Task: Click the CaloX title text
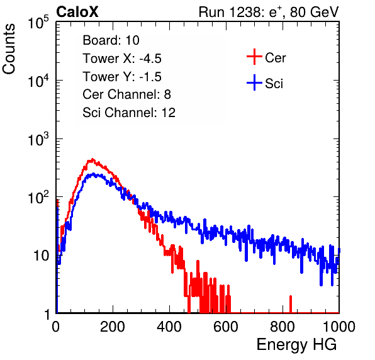pos(77,12)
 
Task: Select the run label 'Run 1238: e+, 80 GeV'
pos(269,12)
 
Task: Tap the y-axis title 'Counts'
pos(9,49)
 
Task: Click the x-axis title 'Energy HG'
pos(296,345)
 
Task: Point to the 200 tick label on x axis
pos(113,327)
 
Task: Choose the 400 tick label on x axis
pos(169,327)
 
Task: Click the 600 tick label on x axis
pos(226,327)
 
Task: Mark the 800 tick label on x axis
pos(283,327)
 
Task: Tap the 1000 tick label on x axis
pos(339,327)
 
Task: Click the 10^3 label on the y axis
pos(38,139)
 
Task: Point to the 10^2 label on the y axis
pos(38,198)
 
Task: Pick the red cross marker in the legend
pos(254,57)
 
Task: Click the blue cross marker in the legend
pos(254,83)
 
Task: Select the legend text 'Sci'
pos(274,84)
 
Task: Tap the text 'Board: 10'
pos(111,40)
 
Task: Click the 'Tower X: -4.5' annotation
pos(122,59)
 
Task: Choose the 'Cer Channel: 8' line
pos(126,94)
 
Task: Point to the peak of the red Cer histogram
pos(92,160)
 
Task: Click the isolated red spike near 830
pos(291,304)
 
